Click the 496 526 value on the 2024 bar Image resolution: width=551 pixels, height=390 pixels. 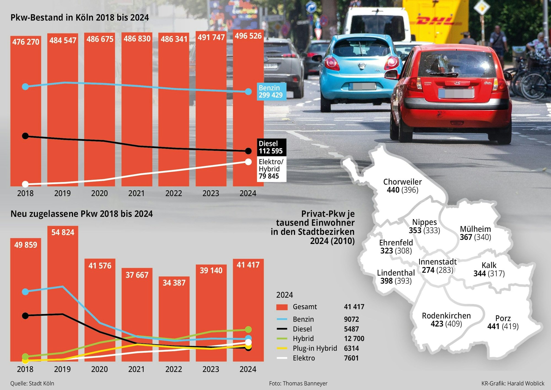248,36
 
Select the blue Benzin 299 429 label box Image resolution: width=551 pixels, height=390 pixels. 271,92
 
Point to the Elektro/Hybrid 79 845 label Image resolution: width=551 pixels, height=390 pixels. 271,169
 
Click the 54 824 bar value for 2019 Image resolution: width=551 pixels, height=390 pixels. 63,232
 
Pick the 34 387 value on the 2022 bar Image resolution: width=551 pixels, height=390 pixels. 174,283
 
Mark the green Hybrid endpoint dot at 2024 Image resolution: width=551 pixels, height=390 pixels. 248,329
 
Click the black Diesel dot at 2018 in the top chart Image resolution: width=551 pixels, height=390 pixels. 25,136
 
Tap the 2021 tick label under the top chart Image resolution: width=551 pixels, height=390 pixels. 136,193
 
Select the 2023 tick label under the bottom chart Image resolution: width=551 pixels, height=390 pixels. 211,369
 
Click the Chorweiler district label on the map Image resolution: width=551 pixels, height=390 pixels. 402,182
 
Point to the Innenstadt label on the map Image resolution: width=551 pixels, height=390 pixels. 437,262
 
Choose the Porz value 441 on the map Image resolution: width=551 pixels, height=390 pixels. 493,326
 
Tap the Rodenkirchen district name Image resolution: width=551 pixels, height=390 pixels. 446,316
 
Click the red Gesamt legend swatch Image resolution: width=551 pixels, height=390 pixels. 282,307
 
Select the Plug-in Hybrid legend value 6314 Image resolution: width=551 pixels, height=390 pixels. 351,348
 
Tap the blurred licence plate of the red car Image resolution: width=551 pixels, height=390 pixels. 456,93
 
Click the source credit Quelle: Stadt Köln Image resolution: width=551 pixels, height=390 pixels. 32,383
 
